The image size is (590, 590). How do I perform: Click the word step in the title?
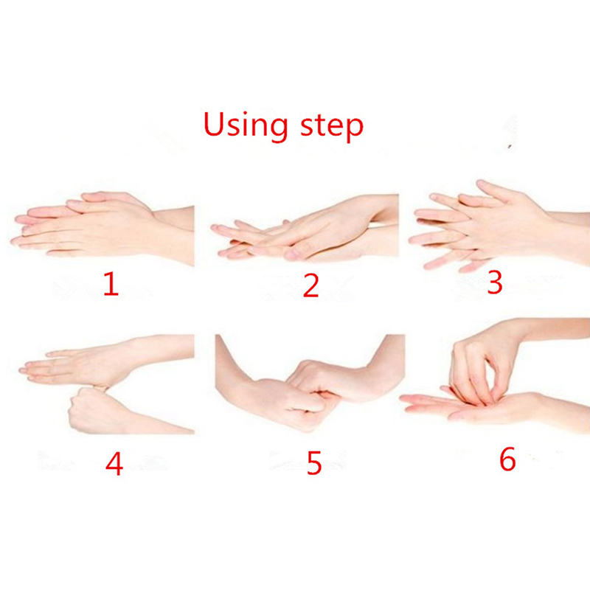[x=332, y=126]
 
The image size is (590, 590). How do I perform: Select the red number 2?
[x=311, y=285]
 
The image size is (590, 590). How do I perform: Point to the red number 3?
[x=494, y=282]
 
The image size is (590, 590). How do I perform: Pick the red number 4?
[x=114, y=463]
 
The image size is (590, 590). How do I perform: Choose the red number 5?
[x=314, y=462]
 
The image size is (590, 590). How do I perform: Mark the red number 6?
[x=507, y=459]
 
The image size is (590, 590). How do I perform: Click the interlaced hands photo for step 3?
[x=499, y=226]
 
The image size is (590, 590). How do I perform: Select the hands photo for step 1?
[x=103, y=229]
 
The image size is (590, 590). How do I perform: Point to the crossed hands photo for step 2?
[x=305, y=227]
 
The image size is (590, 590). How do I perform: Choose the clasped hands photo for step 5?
[x=310, y=383]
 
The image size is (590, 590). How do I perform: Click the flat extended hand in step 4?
[x=109, y=361]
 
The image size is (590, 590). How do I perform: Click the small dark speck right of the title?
[x=510, y=146]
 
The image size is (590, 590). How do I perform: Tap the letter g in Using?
[x=279, y=130]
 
